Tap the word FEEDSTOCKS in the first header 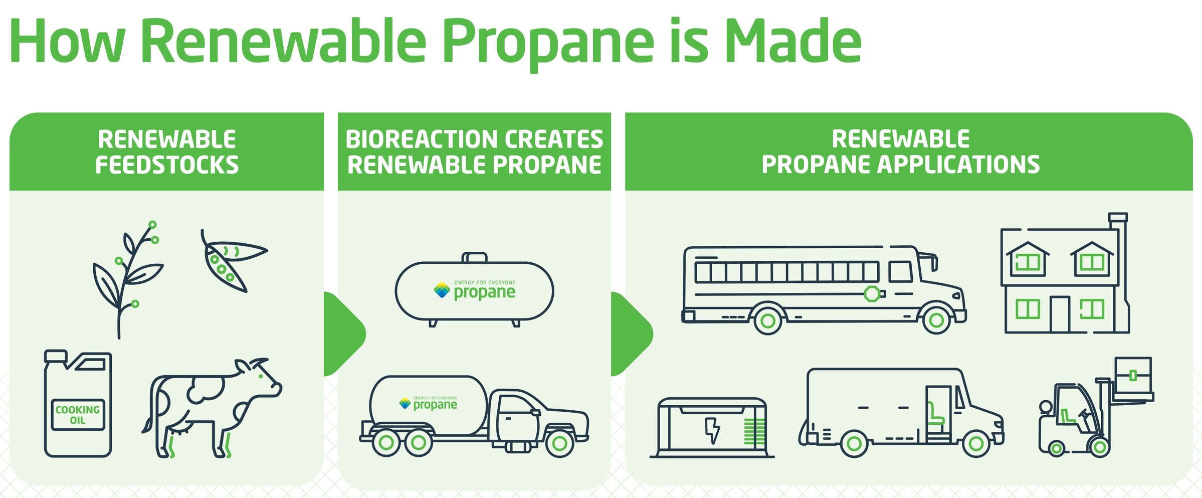pos(167,165)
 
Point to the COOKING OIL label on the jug pos(78,415)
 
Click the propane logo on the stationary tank pos(475,290)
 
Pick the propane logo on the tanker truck pos(429,403)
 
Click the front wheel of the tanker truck pos(559,442)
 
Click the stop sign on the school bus pos(872,294)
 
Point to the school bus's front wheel pos(935,319)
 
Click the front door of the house pos(1060,314)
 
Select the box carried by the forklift pos(1132,376)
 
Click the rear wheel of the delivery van pos(854,443)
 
